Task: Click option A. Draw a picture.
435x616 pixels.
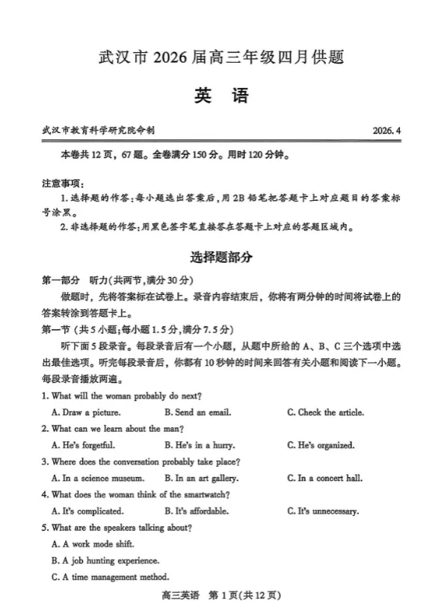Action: tap(86, 412)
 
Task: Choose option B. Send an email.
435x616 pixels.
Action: tap(197, 412)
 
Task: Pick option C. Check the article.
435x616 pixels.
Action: tap(325, 412)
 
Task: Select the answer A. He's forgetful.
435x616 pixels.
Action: tap(83, 445)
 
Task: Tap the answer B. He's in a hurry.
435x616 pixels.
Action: tap(194, 445)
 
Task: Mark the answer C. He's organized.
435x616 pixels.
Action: tap(321, 445)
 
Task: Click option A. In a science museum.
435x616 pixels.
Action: tap(98, 479)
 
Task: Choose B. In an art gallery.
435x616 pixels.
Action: tap(201, 479)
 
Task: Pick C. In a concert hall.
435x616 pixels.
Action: tap(325, 479)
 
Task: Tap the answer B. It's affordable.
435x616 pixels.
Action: tap(196, 511)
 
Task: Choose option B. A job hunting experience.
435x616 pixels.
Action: tap(105, 560)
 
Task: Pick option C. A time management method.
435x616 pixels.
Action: tap(110, 576)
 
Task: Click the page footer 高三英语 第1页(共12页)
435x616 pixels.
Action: tap(217, 596)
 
